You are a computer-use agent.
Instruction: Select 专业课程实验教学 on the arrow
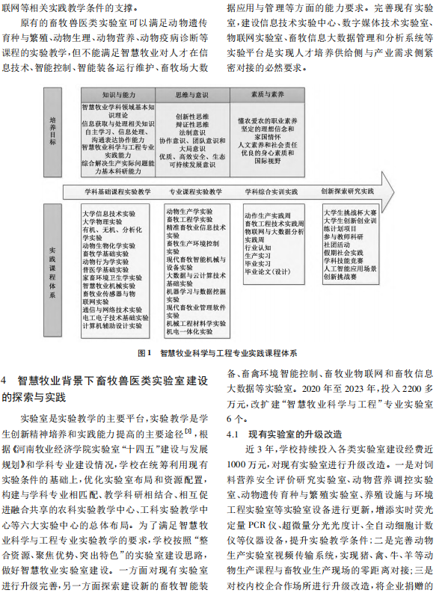194,191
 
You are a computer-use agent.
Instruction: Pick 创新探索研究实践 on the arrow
346,191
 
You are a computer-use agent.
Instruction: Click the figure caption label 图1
146,351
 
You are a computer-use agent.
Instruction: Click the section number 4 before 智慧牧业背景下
6,381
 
